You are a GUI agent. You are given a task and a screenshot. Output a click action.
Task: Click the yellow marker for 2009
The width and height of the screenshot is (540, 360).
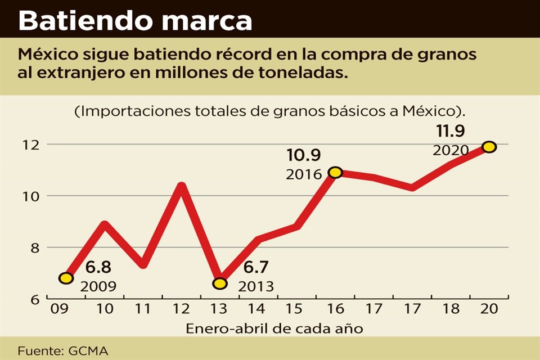click(66, 278)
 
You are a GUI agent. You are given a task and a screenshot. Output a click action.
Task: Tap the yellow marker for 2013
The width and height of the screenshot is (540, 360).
click(220, 283)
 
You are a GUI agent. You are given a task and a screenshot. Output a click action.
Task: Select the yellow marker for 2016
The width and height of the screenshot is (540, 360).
click(335, 172)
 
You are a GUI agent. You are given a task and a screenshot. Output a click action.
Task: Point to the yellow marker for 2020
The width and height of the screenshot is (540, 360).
click(489, 147)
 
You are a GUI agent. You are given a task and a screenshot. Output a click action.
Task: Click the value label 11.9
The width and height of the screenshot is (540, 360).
click(450, 132)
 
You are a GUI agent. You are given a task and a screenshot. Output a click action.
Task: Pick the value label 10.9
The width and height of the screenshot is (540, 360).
click(304, 155)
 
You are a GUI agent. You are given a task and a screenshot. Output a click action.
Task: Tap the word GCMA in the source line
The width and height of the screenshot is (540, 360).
click(88, 350)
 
